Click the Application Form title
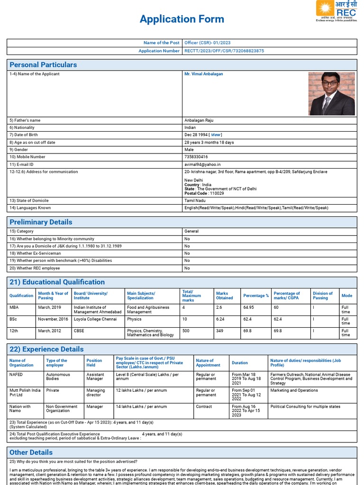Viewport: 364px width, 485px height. pyautogui.click(x=182, y=19)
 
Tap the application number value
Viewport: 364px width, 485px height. pyautogui.click(x=224, y=51)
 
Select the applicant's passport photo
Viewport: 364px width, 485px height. pyautogui.click(x=332, y=93)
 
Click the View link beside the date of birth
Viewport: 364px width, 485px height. pyautogui.click(x=216, y=135)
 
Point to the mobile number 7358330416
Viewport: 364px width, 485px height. pyautogui.click(x=196, y=157)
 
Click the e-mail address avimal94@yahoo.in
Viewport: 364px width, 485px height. pyautogui.click(x=202, y=164)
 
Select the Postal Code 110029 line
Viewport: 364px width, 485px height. pyautogui.click(x=204, y=193)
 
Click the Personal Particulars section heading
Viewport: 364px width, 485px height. pyautogui.click(x=43, y=65)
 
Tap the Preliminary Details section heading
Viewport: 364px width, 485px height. pyautogui.click(x=41, y=222)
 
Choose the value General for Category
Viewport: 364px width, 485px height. pyautogui.click(x=191, y=231)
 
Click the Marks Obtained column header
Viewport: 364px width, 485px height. pyautogui.click(x=224, y=296)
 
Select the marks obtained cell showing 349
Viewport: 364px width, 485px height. pyautogui.click(x=220, y=331)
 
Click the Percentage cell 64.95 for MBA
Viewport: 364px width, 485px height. pyautogui.click(x=248, y=307)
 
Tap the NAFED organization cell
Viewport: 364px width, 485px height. pyautogui.click(x=16, y=375)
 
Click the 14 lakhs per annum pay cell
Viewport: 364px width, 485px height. pyautogui.click(x=141, y=406)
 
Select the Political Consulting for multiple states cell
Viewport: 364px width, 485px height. pyautogui.click(x=306, y=406)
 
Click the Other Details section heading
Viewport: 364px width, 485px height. pyautogui.click(x=31, y=452)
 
